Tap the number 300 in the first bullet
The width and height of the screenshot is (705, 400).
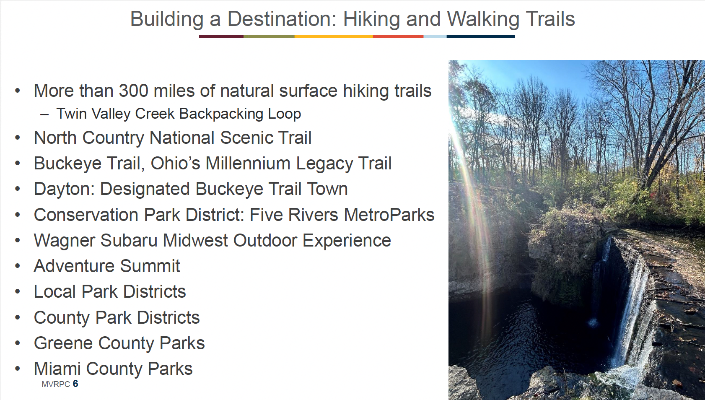pyautogui.click(x=133, y=91)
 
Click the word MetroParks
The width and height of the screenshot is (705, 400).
pyautogui.click(x=389, y=215)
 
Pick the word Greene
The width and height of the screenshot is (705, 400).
pyautogui.click(x=62, y=343)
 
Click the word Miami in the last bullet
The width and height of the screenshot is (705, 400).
pyautogui.click(x=57, y=369)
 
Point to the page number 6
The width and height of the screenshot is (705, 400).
pyautogui.click(x=75, y=384)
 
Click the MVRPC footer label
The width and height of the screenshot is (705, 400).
pyautogui.click(x=56, y=384)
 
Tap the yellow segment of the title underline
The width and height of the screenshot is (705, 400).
pyautogui.click(x=334, y=36)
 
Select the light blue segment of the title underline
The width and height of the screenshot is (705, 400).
pyautogui.click(x=435, y=36)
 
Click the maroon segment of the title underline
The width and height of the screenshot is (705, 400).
pyautogui.click(x=221, y=36)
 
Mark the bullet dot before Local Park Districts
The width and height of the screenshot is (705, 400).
pyautogui.click(x=18, y=292)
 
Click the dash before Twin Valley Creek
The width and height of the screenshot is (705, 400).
pyautogui.click(x=44, y=114)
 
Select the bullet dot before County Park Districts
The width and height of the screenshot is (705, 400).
pyautogui.click(x=18, y=317)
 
